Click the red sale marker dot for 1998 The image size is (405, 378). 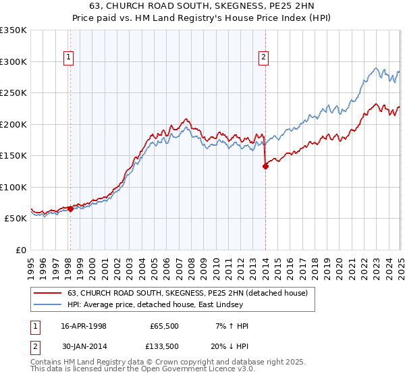70,209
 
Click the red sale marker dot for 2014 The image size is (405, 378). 265,167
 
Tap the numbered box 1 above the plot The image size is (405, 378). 70,58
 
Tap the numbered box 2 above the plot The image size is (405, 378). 263,58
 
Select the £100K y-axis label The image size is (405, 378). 13,187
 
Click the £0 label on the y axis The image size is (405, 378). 20,250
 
